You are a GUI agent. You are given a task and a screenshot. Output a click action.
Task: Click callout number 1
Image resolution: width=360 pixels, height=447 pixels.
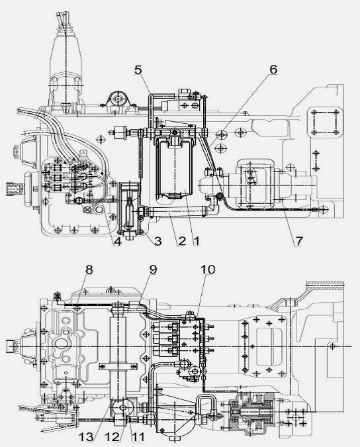197,241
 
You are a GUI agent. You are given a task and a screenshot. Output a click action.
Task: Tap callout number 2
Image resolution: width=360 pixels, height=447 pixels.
182,241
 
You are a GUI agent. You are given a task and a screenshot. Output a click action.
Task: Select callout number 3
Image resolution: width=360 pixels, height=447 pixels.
157,241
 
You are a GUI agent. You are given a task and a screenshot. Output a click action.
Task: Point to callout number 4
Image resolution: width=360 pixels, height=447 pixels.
117,241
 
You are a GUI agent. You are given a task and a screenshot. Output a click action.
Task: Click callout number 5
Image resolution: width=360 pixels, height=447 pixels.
138,70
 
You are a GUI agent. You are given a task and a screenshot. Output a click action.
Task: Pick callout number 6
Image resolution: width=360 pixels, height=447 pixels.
273,70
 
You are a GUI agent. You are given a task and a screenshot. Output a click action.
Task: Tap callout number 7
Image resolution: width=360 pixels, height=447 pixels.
298,241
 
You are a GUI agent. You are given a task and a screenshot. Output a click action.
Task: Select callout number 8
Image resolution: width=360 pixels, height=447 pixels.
89,270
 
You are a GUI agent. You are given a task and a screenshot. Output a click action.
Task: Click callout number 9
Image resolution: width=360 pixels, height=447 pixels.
154,270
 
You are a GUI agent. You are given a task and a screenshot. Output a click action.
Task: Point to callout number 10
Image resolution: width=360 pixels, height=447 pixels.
208,270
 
